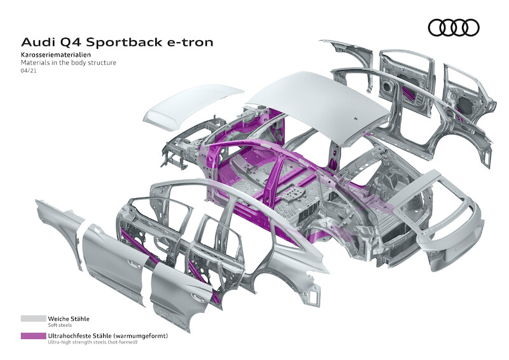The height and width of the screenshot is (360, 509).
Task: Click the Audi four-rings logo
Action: (x=453, y=27)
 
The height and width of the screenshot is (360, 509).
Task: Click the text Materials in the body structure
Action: (x=68, y=64)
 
